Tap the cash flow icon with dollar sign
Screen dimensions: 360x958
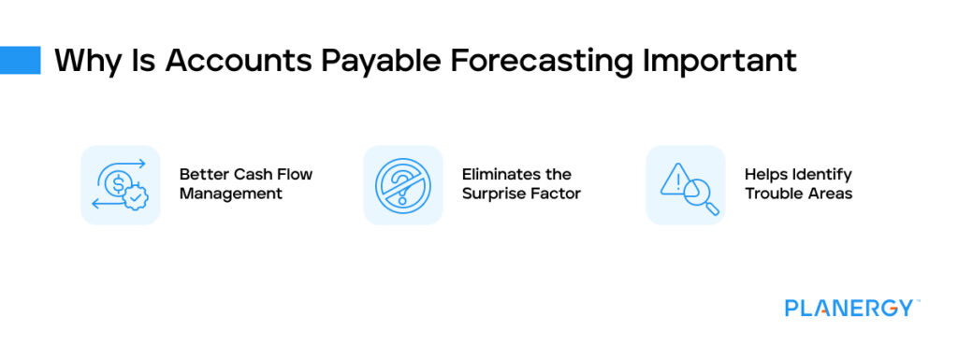click(x=120, y=185)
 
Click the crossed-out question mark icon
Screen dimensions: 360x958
click(x=402, y=185)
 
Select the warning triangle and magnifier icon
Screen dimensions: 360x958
click(x=686, y=185)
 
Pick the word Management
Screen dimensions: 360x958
click(x=230, y=194)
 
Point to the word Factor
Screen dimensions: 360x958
click(x=557, y=194)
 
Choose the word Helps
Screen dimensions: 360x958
click(x=764, y=175)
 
